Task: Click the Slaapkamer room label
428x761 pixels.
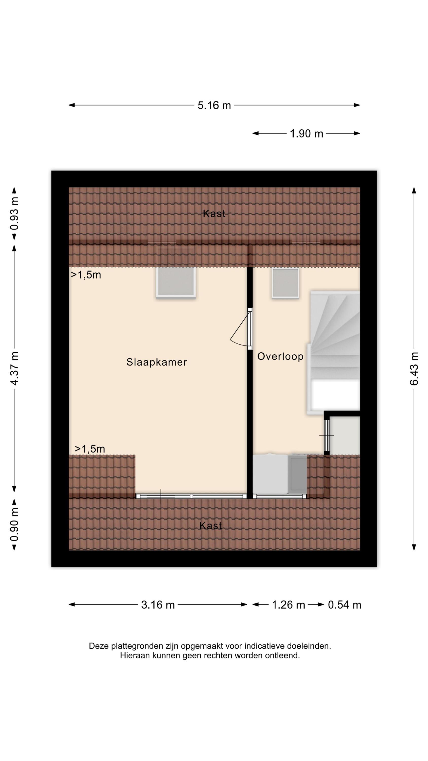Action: click(156, 362)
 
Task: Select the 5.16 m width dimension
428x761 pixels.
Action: click(214, 106)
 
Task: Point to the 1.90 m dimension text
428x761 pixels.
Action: click(306, 134)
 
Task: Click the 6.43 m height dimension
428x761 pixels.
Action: click(414, 369)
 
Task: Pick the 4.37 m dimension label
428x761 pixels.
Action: click(14, 368)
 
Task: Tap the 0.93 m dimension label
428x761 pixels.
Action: click(14, 214)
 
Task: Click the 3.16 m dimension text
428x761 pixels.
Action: click(158, 605)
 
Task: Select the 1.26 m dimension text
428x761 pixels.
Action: click(288, 605)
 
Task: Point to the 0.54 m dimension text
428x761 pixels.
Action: click(345, 605)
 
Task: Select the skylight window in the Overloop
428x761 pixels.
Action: click(285, 283)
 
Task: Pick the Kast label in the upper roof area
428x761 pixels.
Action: click(214, 214)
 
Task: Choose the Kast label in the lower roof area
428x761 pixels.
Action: click(211, 526)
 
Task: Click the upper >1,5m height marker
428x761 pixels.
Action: click(86, 275)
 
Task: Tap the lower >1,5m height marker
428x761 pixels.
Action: click(90, 449)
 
